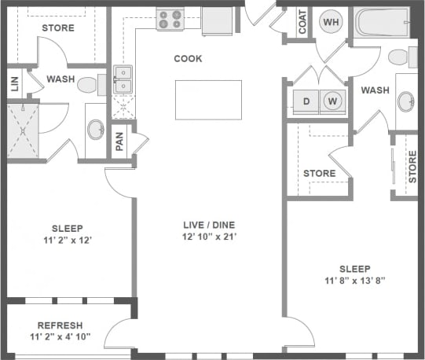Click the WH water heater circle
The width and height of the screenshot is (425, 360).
coord(332,22)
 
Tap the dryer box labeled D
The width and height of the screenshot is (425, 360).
coord(306,101)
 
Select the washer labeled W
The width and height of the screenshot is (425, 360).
coord(333,101)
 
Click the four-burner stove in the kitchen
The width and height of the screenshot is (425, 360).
coord(169,20)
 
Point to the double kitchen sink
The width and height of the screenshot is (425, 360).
coord(123,79)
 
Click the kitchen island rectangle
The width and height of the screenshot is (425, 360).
coord(208,99)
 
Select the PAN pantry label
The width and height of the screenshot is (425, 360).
coord(119,141)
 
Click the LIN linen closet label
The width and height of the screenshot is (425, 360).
coord(14,84)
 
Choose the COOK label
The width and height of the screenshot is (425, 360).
coord(188,59)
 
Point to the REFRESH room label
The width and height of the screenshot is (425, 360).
coord(60,325)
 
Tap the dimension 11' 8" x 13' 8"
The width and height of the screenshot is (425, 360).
coord(355,281)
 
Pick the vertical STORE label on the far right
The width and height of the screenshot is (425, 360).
coord(412,167)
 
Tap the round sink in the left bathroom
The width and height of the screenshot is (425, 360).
coord(95,129)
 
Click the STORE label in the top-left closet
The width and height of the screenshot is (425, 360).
coord(57,28)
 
